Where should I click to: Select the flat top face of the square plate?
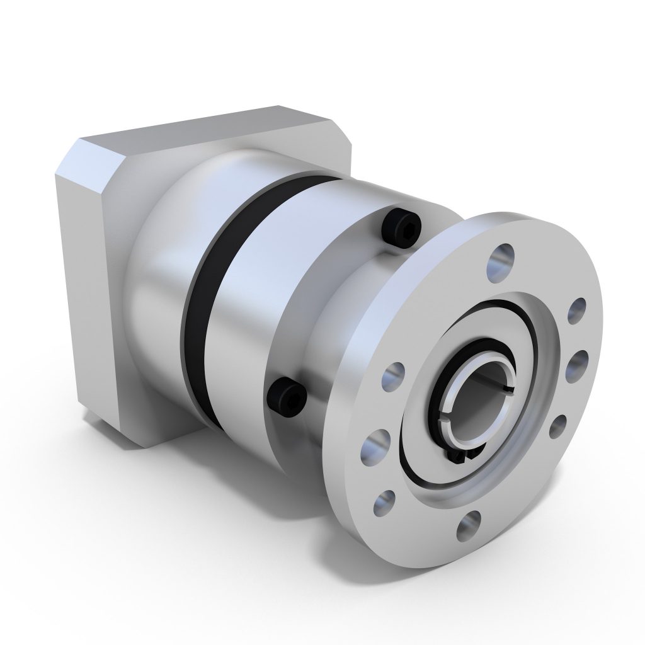coord(208,129)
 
